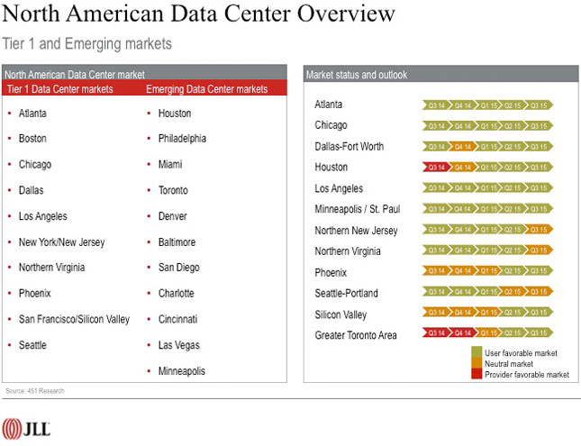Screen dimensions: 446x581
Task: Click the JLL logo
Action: [x=26, y=428]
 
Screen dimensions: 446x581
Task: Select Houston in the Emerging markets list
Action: [x=175, y=114]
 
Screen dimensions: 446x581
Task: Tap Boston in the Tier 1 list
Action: [x=32, y=139]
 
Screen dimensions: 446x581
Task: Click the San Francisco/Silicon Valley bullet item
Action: [x=74, y=319]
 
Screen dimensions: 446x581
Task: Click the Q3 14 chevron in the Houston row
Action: [x=436, y=167]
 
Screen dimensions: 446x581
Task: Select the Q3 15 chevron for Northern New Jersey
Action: [x=540, y=230]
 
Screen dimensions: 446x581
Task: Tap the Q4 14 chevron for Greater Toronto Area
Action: [x=462, y=333]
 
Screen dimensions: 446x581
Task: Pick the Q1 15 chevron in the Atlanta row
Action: [x=487, y=105]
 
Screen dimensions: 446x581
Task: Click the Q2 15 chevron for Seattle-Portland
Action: [x=513, y=292]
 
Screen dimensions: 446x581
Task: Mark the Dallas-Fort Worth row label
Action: [x=349, y=146]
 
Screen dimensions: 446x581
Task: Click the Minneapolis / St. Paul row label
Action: [x=357, y=209]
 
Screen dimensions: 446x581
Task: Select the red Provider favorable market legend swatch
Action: [x=477, y=374]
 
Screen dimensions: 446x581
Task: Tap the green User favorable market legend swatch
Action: [x=477, y=352]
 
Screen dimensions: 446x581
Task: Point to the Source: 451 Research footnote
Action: [x=33, y=391]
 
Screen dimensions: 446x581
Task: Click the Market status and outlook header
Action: [x=356, y=74]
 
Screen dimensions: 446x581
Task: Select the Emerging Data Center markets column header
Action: [x=206, y=89]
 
